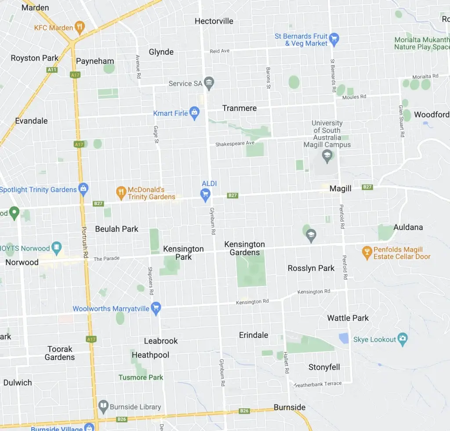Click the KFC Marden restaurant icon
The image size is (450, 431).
pos(80,28)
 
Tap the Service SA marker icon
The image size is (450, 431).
pos(209,83)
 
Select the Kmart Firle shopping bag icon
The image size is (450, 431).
pos(194,113)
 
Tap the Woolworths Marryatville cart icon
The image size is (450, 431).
pos(156,308)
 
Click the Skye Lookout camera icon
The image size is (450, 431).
pos(403,339)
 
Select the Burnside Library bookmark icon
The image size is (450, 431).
pos(103,406)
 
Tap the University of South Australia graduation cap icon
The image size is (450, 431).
pos(327,154)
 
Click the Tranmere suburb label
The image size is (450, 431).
pos(240,108)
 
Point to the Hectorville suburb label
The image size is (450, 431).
pos(214,21)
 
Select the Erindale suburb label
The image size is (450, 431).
pos(254,335)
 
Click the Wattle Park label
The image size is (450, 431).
pos(348,318)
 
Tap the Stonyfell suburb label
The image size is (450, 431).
pos(324,367)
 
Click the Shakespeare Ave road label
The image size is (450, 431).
pos(235,144)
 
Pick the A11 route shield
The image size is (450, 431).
pos(52,70)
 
